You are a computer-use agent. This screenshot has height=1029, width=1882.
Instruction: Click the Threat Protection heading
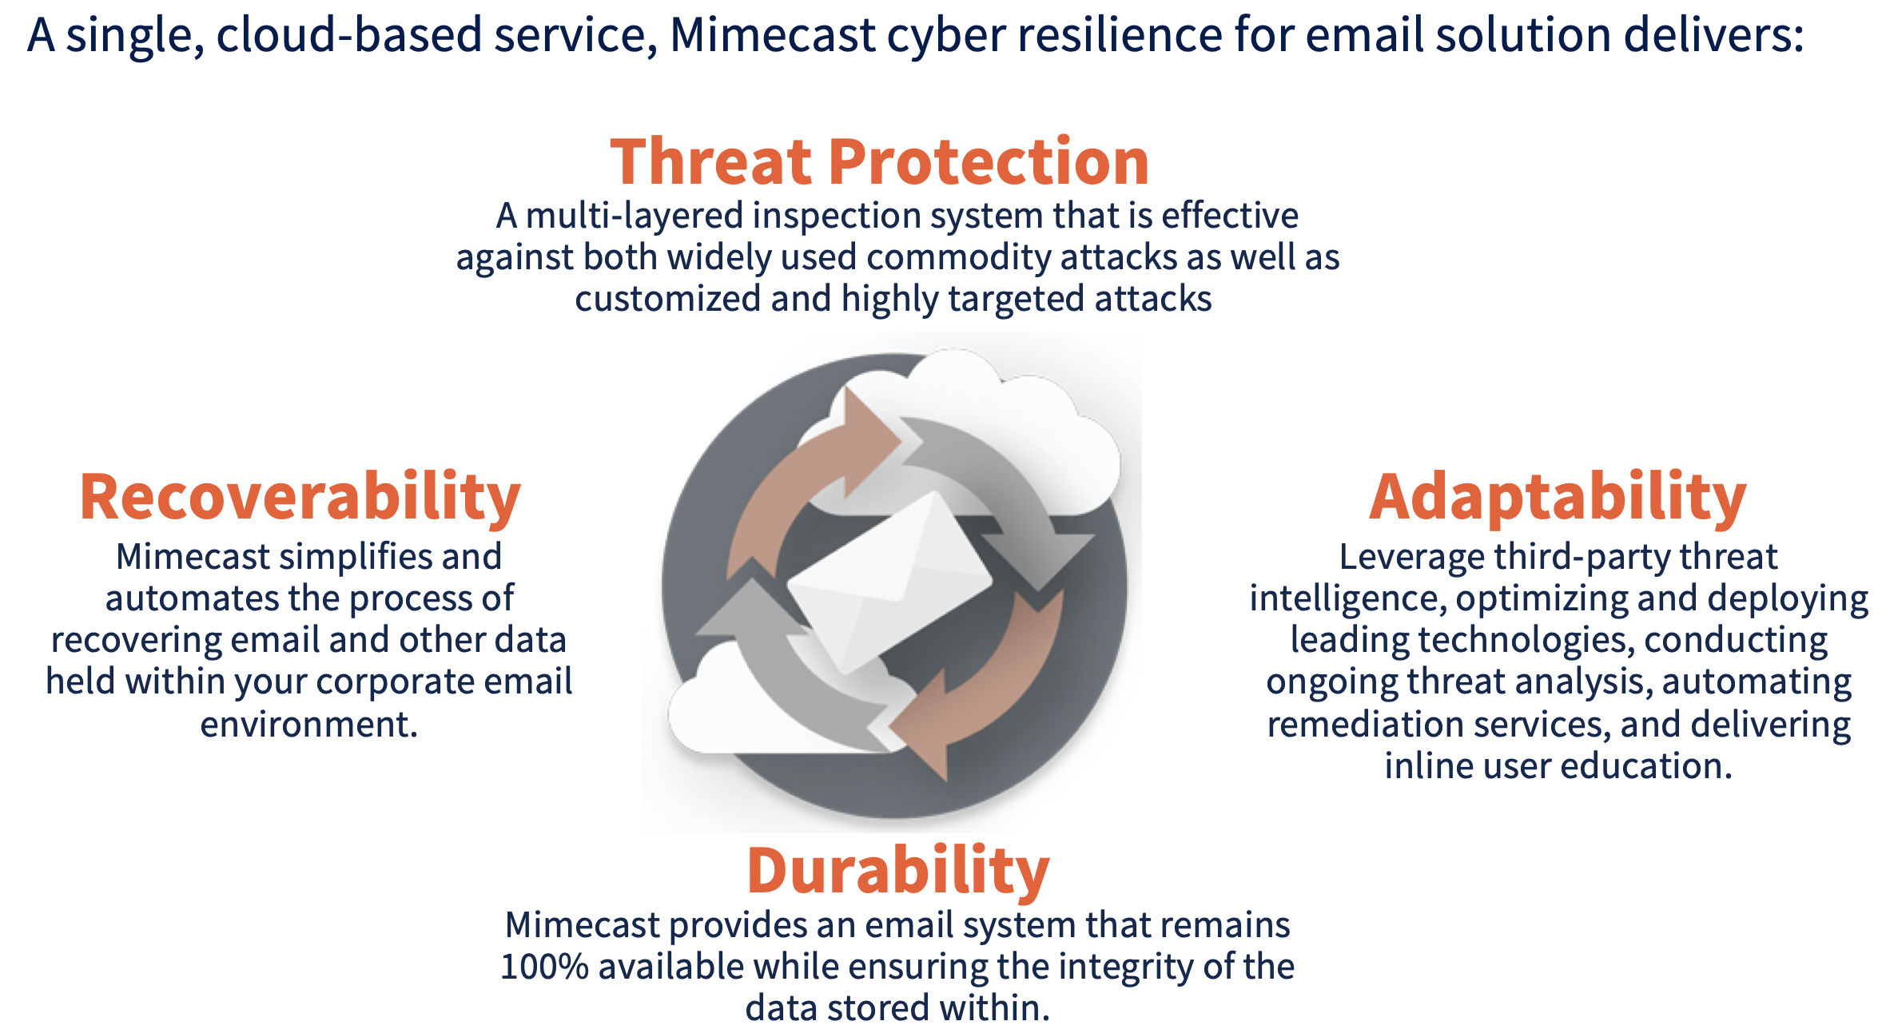point(879,161)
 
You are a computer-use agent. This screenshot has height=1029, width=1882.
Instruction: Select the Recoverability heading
point(300,497)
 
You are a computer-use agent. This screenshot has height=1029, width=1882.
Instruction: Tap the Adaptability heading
point(1558,497)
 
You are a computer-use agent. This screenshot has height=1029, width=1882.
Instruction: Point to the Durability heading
point(897,870)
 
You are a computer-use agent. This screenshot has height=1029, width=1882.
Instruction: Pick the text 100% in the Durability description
point(544,967)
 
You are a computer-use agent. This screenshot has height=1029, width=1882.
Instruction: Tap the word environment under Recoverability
point(308,725)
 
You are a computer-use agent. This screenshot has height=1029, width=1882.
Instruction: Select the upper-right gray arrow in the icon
point(1007,495)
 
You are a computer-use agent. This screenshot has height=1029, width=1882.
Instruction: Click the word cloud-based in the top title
point(349,36)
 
